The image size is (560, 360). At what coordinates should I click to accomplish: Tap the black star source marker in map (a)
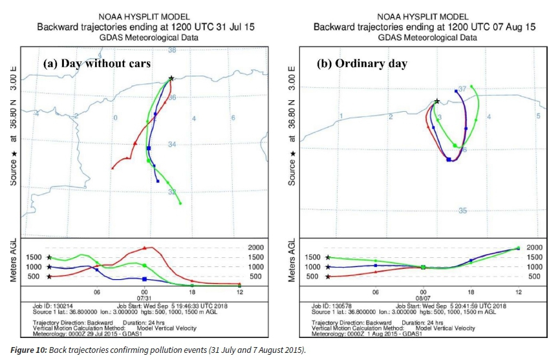coord(171,78)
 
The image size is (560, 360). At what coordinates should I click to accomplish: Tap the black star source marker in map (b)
coord(438,101)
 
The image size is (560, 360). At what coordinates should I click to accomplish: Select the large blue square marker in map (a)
coord(149,148)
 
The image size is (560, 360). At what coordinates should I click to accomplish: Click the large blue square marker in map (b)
coord(449,159)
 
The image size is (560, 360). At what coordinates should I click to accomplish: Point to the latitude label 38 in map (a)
coord(172,50)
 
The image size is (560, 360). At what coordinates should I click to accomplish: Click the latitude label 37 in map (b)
coord(462,89)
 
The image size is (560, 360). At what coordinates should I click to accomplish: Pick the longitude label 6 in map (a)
coord(232,118)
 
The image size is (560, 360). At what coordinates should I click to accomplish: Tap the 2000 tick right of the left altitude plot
coord(257,247)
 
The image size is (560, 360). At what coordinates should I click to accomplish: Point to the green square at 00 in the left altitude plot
coord(144,266)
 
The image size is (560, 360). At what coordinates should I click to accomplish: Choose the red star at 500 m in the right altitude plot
coord(328,277)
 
